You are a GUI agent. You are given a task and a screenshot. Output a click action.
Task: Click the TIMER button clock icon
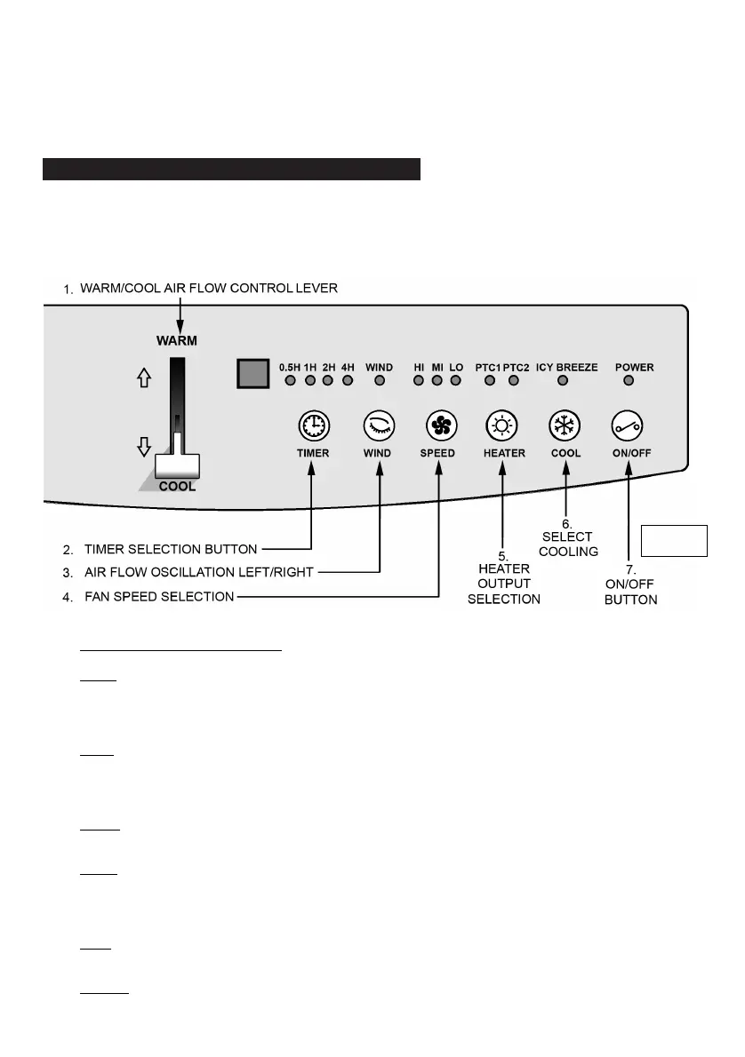tap(313, 426)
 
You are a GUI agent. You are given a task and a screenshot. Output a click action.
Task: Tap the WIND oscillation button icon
tap(377, 426)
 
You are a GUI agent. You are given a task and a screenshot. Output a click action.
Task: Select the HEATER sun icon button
tap(503, 426)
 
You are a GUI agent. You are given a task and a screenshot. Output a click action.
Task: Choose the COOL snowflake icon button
tap(565, 426)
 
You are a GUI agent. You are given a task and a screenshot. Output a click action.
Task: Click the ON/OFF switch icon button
tap(629, 426)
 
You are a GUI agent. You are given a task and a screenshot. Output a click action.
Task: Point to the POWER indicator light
tap(629, 381)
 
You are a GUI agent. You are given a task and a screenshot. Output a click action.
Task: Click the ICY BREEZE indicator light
tap(562, 381)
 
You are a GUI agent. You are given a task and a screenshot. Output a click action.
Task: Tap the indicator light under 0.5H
tap(290, 381)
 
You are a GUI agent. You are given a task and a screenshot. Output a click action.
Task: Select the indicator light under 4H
tap(348, 381)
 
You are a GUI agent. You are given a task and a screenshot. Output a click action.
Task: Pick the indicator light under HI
tap(419, 381)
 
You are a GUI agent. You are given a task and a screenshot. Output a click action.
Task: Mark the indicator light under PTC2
tap(513, 381)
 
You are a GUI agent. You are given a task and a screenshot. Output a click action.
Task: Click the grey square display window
tap(253, 374)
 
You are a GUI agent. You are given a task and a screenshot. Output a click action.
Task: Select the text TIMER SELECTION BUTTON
tap(172, 549)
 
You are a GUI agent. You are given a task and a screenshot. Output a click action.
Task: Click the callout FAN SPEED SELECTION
tap(159, 597)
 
